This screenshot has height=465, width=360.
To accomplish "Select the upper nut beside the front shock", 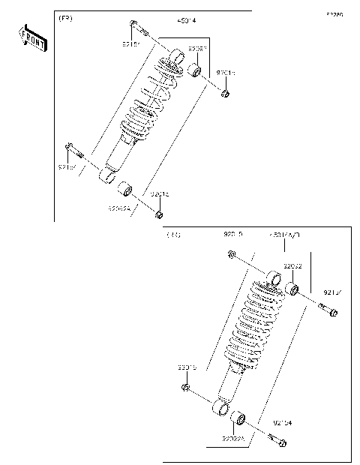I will [x=224, y=93].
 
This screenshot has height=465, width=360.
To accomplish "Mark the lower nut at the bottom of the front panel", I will [x=158, y=216].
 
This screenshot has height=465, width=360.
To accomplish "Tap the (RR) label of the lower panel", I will [x=173, y=234].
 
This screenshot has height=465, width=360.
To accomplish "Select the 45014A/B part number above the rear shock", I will [x=284, y=235].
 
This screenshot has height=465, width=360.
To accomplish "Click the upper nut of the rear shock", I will [x=232, y=256].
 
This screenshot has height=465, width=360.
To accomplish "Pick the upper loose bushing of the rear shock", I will [x=294, y=289].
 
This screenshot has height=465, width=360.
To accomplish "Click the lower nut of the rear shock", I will [x=185, y=388].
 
